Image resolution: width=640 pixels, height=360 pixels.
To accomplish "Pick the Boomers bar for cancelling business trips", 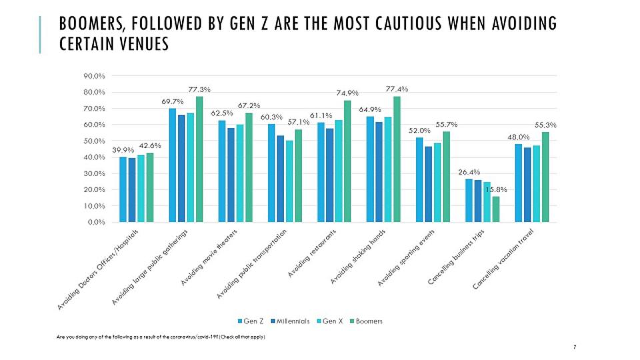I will pyautogui.click(x=495, y=209).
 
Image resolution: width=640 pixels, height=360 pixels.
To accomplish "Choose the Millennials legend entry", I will pyautogui.click(x=289, y=321).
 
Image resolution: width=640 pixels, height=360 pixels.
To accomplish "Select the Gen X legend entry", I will pyautogui.click(x=331, y=321).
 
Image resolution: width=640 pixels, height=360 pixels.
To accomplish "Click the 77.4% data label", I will pyautogui.click(x=397, y=89).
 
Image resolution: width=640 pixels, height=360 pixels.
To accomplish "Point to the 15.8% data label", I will pyautogui.click(x=495, y=189).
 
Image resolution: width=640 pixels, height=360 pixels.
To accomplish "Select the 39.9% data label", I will pyautogui.click(x=123, y=150).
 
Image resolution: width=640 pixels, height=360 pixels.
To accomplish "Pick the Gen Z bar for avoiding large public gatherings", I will pyautogui.click(x=172, y=165).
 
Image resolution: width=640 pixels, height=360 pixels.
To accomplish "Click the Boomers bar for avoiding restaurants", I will pyautogui.click(x=347, y=161).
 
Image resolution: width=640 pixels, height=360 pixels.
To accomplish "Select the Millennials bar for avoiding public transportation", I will pyautogui.click(x=280, y=178).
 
